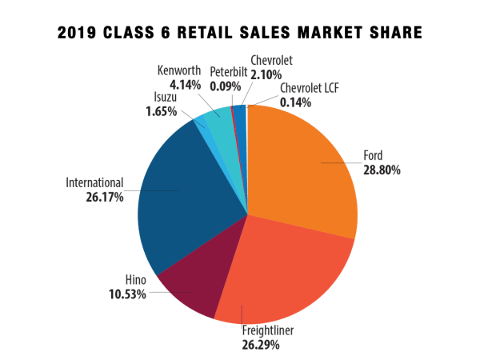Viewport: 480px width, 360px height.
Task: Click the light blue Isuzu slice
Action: pyautogui.click(x=201, y=125)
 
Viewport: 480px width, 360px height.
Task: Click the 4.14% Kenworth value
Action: pyautogui.click(x=182, y=82)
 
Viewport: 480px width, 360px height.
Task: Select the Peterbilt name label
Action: pyautogui.click(x=226, y=73)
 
